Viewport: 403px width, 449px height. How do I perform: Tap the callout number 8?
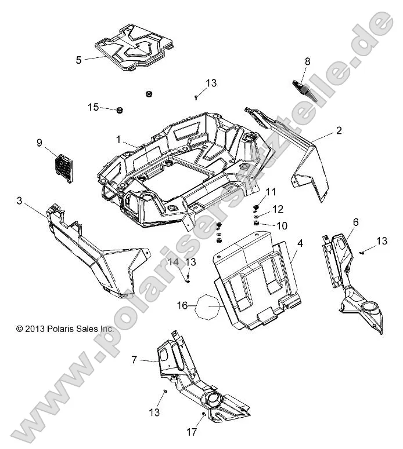click(308, 60)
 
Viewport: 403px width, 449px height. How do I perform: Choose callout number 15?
click(93, 107)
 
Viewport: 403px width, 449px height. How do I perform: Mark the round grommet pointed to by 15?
click(120, 110)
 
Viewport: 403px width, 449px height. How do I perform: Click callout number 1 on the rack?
click(118, 140)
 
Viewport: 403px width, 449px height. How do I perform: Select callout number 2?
click(354, 132)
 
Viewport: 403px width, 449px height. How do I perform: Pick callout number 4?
click(300, 244)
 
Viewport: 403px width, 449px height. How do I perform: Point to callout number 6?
click(355, 221)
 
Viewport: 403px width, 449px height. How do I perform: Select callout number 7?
click(134, 360)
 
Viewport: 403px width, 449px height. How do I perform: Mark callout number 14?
click(174, 262)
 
